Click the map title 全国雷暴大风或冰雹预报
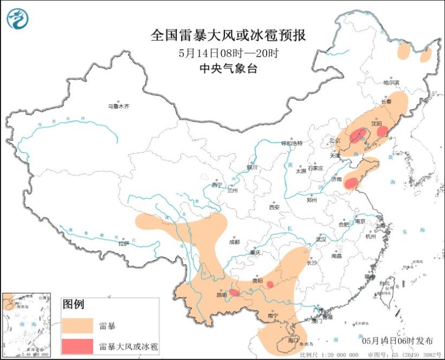[x=229, y=36]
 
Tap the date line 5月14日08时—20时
[x=229, y=53]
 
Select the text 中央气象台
[x=229, y=69]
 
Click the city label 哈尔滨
[x=391, y=82]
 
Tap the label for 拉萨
[x=124, y=244]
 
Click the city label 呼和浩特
[x=292, y=144]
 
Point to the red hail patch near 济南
[x=351, y=183]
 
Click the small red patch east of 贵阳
[x=270, y=284]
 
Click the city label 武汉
[x=321, y=239]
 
